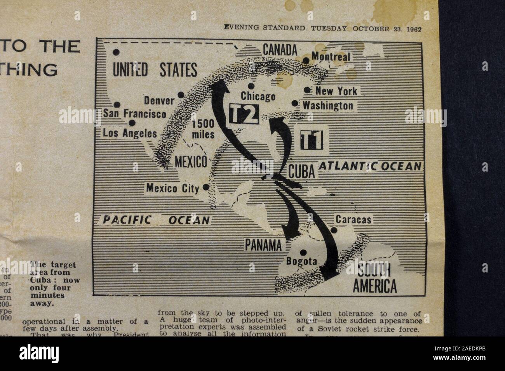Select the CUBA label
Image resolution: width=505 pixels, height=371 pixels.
301,172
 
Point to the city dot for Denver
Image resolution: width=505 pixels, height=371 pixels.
181,94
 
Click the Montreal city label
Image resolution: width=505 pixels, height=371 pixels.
331,57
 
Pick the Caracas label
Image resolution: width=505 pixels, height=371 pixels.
353,220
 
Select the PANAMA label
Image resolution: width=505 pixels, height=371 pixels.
263,245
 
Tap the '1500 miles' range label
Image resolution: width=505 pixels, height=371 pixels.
204,130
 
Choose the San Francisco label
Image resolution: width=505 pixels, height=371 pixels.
134,114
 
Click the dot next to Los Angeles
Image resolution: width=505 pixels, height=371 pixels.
132,123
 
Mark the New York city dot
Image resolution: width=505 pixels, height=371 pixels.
307,90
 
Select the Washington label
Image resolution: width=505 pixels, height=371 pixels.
328,105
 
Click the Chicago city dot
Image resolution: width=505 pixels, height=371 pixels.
251,86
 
